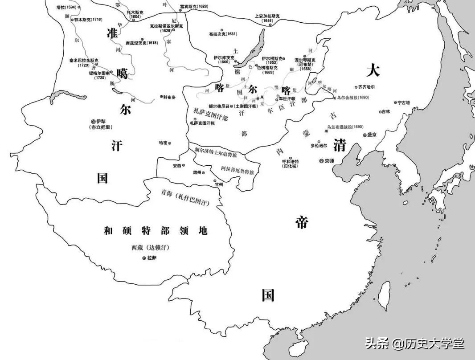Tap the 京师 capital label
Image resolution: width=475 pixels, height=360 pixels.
tap(329, 161)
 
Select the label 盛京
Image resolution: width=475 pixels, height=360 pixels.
tap(373, 135)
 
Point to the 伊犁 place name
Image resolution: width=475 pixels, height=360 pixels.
tap(102, 121)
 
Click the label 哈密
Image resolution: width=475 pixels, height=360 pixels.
tap(164, 143)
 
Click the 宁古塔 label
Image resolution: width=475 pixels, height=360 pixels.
tap(406, 102)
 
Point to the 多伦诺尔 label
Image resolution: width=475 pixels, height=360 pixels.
tap(319, 145)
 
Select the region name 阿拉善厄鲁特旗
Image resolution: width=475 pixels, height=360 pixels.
tap(237, 170)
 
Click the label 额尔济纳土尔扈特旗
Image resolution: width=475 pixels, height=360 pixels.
tap(216, 154)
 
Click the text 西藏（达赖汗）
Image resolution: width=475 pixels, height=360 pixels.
tap(150, 247)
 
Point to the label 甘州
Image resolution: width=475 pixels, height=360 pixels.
tap(218, 184)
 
